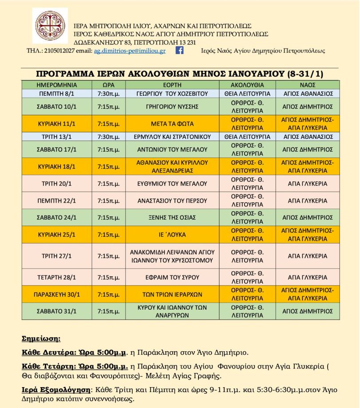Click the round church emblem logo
point(51,26)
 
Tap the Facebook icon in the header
point(180,51)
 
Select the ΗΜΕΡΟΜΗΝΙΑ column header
point(57,85)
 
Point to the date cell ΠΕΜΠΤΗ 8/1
point(57,94)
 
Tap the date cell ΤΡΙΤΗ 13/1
point(57,136)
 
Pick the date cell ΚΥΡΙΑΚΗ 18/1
point(57,166)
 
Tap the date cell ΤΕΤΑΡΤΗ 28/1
point(57,277)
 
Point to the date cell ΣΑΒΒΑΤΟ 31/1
point(57,311)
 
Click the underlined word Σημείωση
point(41,338)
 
